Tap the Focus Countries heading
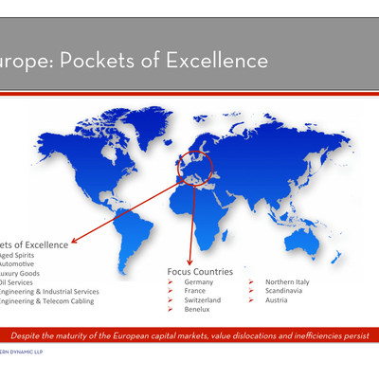200,271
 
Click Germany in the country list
199,282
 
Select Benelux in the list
197,309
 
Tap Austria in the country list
278,300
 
